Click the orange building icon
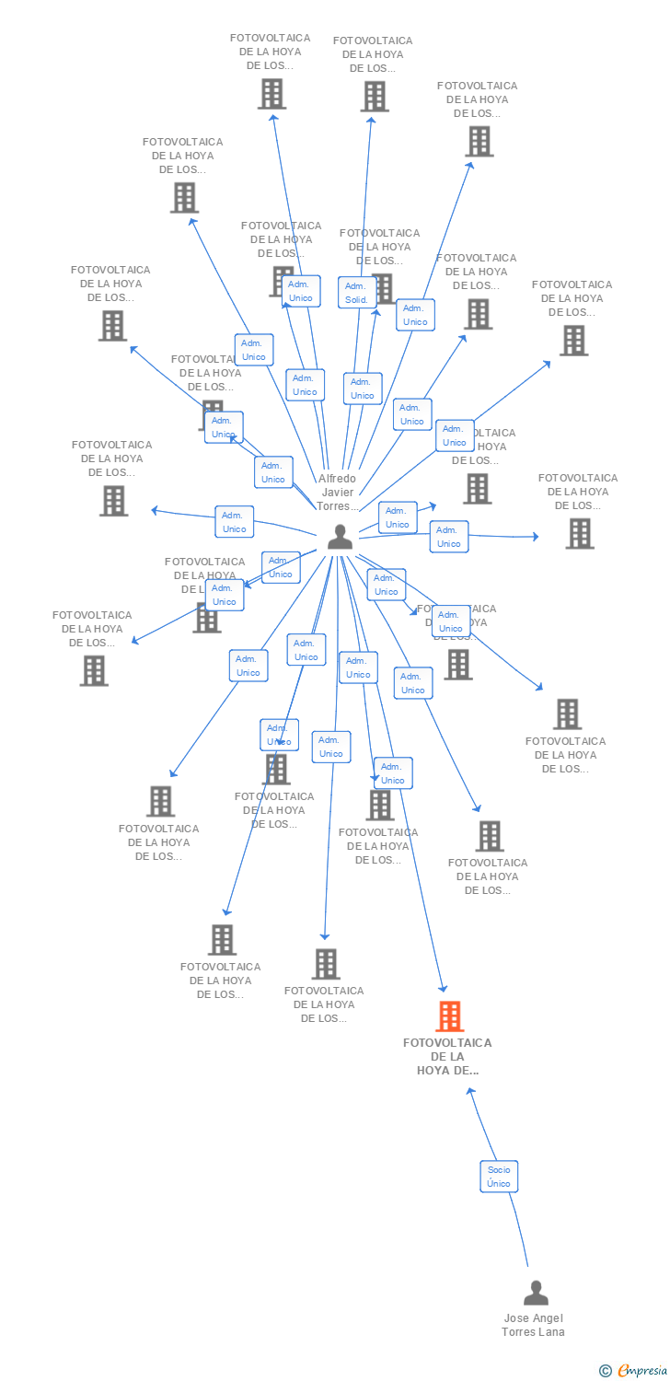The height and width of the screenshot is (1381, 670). (x=449, y=1016)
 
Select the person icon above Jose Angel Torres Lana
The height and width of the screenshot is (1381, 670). (x=536, y=1294)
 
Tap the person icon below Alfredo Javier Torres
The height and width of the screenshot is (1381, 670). (x=340, y=537)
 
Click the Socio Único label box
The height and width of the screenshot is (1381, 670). (x=499, y=1177)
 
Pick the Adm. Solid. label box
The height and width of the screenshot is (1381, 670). (x=356, y=293)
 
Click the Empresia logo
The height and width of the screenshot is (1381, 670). (x=641, y=1371)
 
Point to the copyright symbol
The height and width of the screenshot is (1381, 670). (x=605, y=1371)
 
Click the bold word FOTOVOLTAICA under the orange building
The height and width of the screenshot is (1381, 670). (x=447, y=1043)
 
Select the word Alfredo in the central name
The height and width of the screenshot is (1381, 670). (x=337, y=479)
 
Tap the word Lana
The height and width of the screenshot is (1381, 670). (x=551, y=1332)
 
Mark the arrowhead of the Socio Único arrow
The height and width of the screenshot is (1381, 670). (x=470, y=1092)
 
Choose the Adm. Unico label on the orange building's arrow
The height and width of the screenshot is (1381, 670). (x=393, y=773)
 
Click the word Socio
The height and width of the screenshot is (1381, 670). (x=499, y=1170)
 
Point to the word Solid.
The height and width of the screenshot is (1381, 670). (x=356, y=300)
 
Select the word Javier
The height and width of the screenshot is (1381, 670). (x=337, y=493)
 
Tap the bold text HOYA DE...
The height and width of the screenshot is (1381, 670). (x=447, y=1071)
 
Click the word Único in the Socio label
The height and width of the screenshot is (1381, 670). (x=499, y=1184)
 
